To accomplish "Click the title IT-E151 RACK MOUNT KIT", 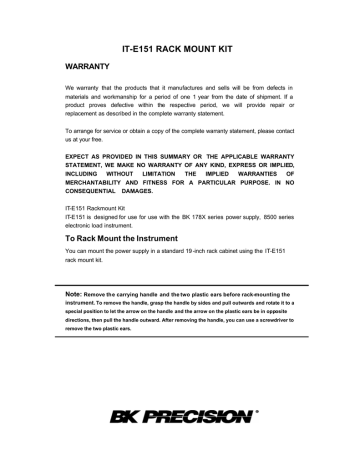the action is click(x=180, y=46).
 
